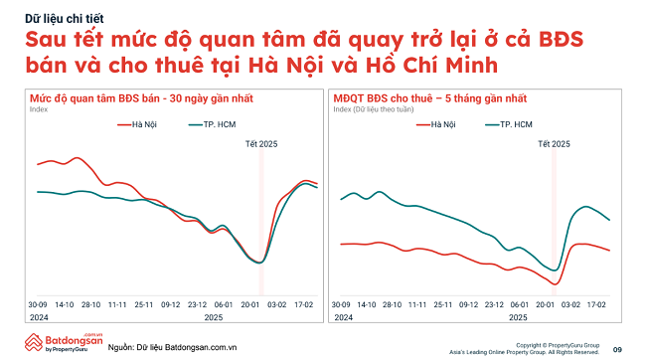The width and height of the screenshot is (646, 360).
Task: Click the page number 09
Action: click(x=617, y=349)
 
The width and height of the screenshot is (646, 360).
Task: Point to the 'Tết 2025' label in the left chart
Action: click(x=262, y=144)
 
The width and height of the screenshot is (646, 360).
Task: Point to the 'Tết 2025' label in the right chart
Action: click(x=555, y=144)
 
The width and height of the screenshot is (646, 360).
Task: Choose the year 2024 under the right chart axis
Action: click(x=343, y=316)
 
